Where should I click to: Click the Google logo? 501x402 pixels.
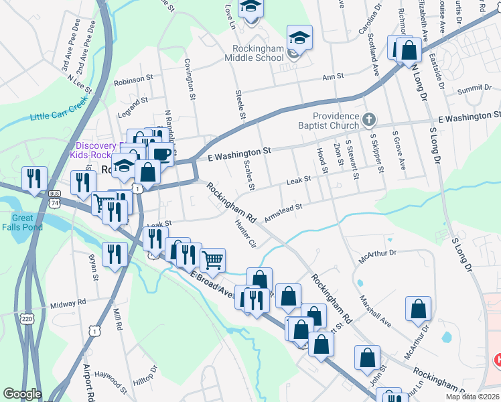click(22, 394)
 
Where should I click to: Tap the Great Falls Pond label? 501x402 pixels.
click(27, 222)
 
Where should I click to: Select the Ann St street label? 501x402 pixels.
click(333, 77)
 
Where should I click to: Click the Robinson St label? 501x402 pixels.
click(133, 80)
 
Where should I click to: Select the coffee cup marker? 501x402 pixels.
click(161, 153)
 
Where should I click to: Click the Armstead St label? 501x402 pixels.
click(284, 212)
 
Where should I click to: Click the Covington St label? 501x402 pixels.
click(189, 79)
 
